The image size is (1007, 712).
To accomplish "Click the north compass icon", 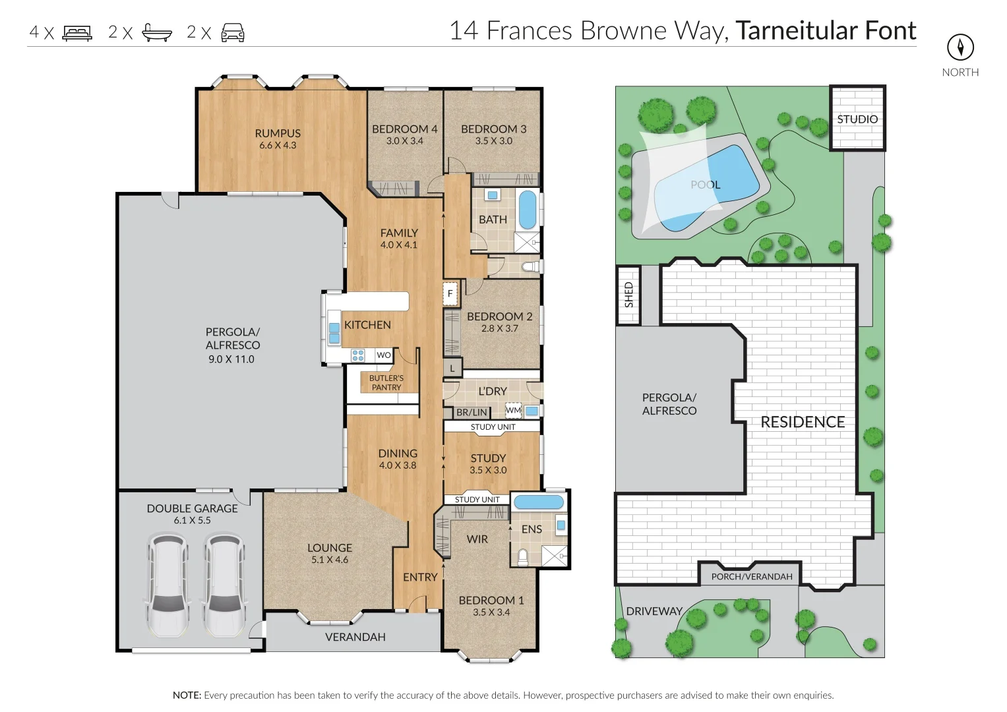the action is pos(960,47).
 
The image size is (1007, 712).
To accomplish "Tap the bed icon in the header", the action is pos(77,33).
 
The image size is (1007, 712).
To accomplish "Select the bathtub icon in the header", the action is pos(157,33).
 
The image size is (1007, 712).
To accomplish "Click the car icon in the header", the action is pos(233,33).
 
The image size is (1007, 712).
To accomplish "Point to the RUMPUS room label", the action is pos(278,133).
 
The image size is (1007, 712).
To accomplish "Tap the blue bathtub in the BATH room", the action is pos(528,210).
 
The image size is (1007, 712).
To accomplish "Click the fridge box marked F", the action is pos(450,293).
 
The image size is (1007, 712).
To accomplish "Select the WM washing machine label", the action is pos(513,410).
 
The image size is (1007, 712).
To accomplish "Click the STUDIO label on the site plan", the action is pos(857,119).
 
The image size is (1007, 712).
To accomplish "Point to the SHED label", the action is pos(629,295).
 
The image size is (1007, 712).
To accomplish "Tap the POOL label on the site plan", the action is pos(706,185).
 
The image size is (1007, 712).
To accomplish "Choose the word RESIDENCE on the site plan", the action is pos(803,422).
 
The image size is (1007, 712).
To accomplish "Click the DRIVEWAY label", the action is pos(654,611).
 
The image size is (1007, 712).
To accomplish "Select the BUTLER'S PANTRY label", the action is pos(386,382).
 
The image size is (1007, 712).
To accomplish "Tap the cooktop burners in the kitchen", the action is pos(358,355).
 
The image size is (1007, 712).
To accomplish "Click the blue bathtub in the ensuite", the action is pos(539,502).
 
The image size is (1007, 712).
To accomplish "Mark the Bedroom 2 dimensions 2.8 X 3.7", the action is pos(499,328).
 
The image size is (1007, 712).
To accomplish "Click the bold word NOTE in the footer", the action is pos(187,696).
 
